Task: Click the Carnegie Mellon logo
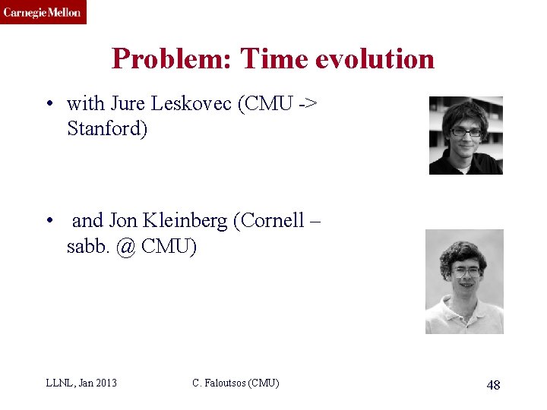coord(43,12)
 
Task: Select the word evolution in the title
coord(376,58)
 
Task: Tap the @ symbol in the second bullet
coord(125,246)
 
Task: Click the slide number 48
coord(493,385)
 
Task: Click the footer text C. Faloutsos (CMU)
coord(236,383)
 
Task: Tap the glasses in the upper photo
coord(465,131)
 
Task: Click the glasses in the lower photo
coord(466,270)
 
